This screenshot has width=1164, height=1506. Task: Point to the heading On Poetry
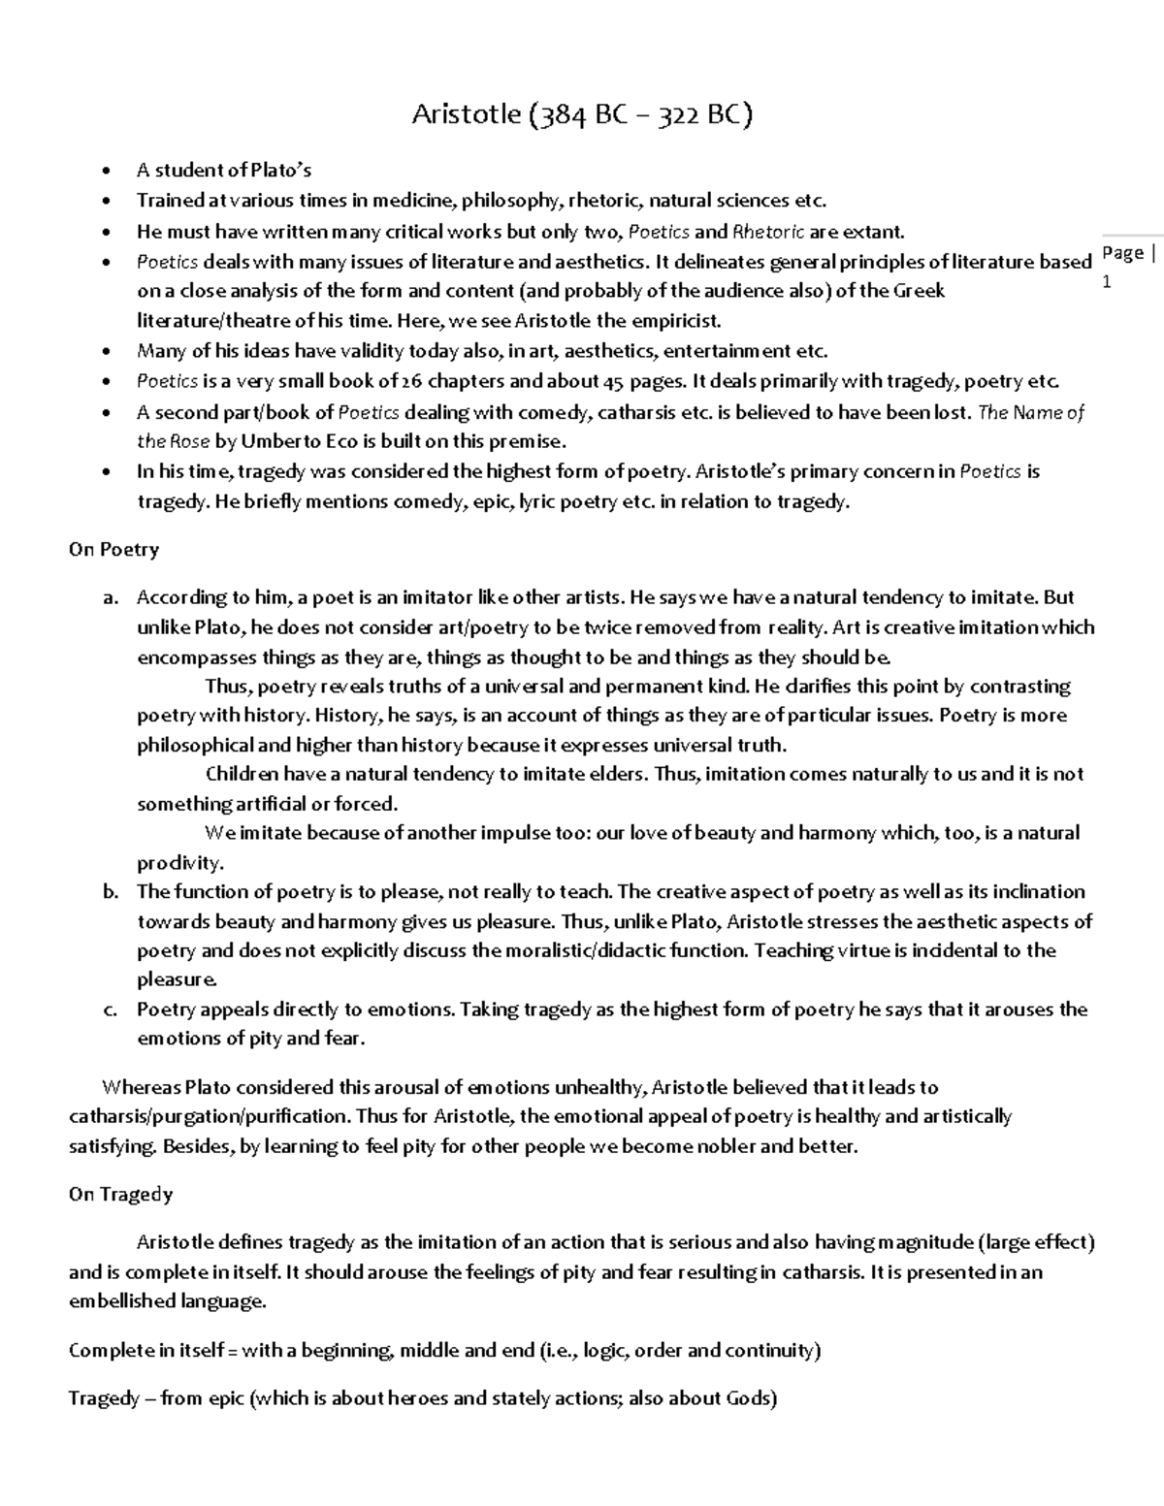pos(113,550)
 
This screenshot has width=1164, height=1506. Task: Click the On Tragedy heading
pos(120,1195)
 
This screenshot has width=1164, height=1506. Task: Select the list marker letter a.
pos(110,597)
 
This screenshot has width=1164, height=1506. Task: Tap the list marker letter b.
pos(110,891)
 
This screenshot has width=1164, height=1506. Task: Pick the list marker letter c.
pos(110,1009)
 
